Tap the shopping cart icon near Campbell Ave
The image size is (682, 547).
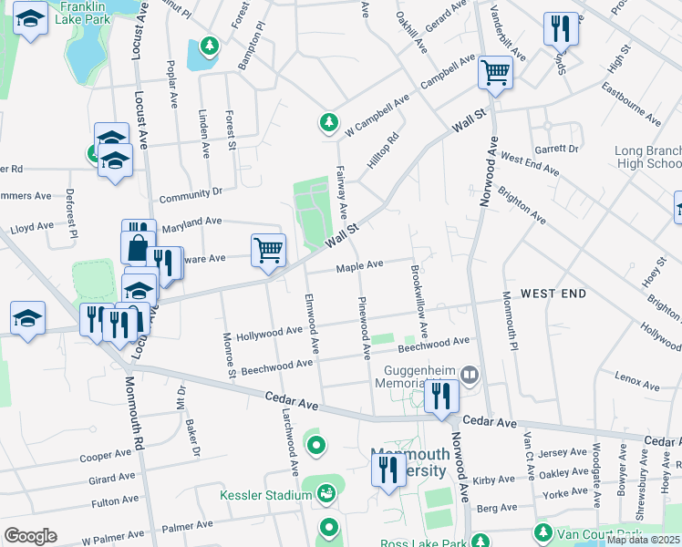click(x=495, y=73)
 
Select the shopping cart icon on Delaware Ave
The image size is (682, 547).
click(x=268, y=250)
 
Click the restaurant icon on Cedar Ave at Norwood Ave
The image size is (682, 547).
click(x=440, y=397)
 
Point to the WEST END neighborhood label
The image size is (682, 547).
click(x=553, y=294)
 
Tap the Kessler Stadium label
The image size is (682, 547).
click(x=266, y=496)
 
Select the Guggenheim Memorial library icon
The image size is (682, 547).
click(x=470, y=374)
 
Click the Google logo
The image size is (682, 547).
click(x=29, y=535)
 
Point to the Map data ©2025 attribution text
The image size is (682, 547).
click(x=643, y=540)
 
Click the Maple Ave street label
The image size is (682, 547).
click(x=359, y=266)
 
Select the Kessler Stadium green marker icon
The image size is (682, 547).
click(x=326, y=493)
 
